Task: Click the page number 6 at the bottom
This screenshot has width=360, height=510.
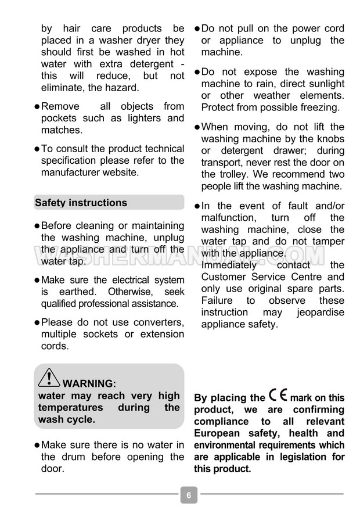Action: (189, 495)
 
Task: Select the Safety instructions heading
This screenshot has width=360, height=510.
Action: (81, 203)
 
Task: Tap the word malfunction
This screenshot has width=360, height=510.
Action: (228, 218)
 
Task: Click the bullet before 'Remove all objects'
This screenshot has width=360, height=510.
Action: (37, 107)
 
